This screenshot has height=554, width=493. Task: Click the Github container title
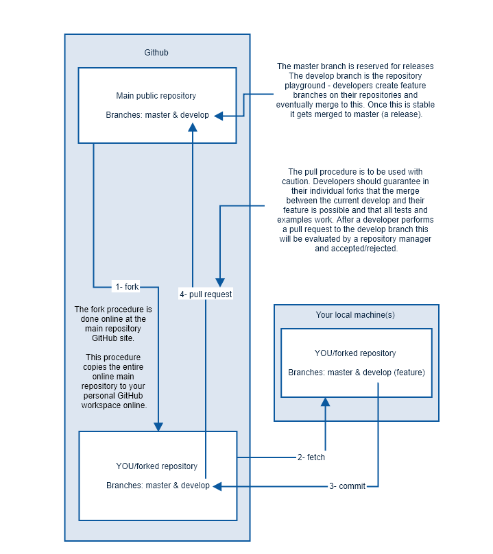tap(156, 53)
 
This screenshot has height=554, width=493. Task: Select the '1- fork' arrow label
tap(127, 286)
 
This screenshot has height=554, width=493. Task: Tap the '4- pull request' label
tap(206, 294)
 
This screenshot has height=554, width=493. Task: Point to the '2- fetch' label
tap(311, 457)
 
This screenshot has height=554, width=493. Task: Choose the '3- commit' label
tap(347, 486)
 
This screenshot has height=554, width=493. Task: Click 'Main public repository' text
tap(156, 96)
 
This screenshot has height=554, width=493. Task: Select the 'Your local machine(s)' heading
tap(355, 315)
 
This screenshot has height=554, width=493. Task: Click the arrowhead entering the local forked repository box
tap(326, 402)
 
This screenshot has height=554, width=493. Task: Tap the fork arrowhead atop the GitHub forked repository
tap(158, 427)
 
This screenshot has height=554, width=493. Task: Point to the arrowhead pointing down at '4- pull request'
tap(220, 282)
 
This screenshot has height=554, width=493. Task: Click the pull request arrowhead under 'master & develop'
tap(193, 127)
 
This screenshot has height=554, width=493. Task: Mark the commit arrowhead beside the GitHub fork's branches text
tap(217, 486)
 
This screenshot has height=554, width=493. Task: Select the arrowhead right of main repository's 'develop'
tap(219, 116)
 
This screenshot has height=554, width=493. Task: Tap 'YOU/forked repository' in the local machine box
tap(355, 353)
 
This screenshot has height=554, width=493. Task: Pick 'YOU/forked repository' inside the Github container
tap(156, 466)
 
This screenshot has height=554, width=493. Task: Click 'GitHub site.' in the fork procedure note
tap(113, 338)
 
